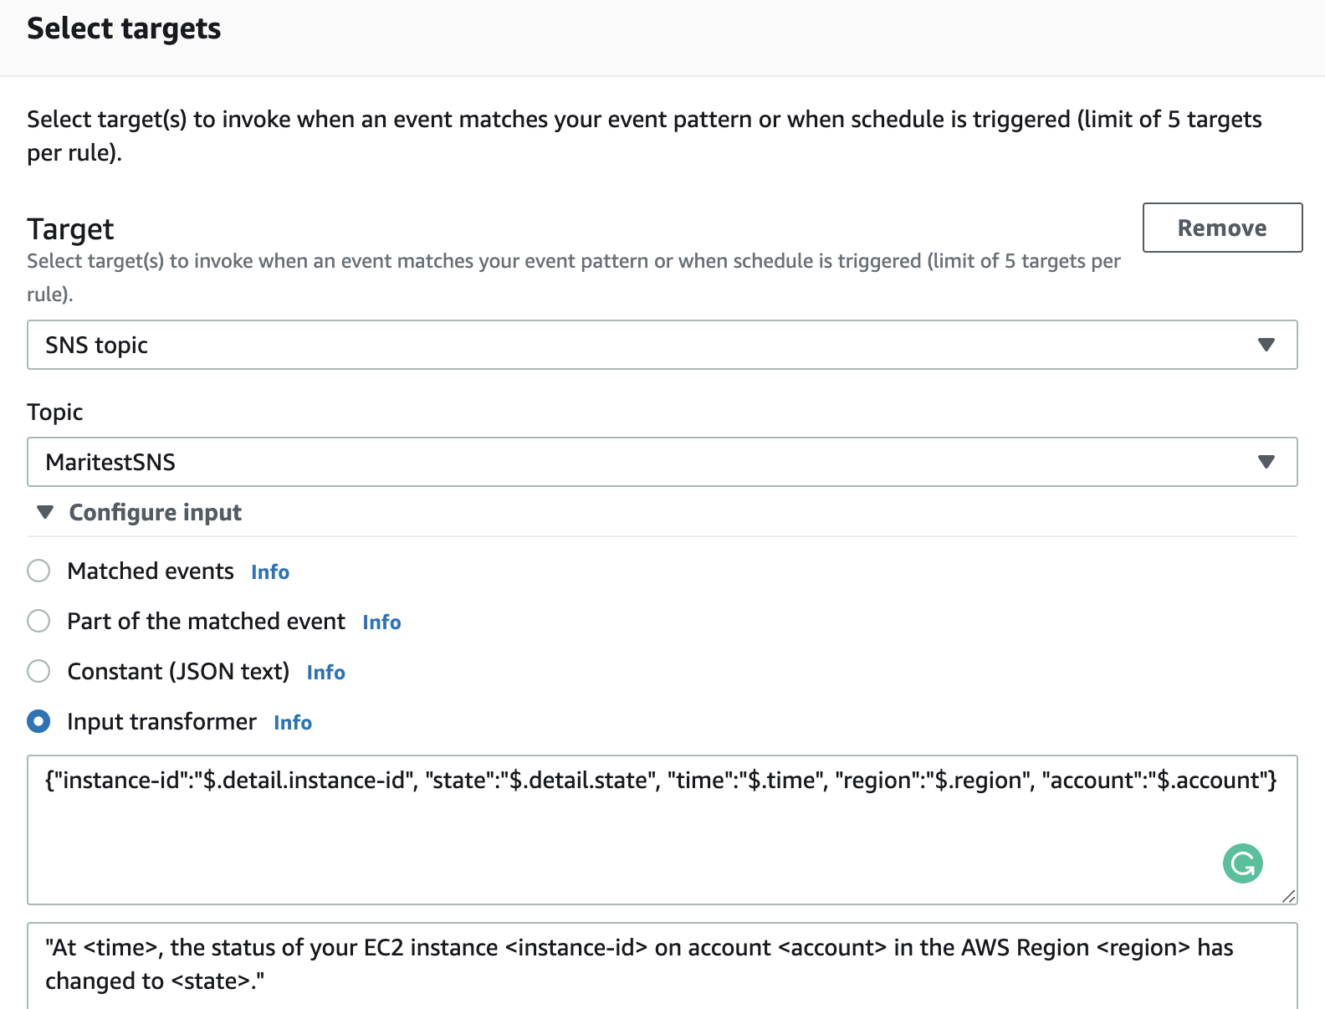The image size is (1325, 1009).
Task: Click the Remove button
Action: coord(1222,228)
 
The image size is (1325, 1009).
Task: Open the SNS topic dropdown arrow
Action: coord(1266,345)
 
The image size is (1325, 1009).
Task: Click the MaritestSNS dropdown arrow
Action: coord(1266,462)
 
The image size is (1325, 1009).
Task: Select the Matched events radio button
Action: coord(38,571)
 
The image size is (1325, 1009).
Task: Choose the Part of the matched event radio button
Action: coord(38,621)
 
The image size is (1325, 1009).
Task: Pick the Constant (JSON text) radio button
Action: coord(38,671)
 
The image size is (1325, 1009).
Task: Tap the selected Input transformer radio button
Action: coord(38,721)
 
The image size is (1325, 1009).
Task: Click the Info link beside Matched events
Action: coord(270,572)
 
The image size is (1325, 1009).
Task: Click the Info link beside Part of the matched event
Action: coord(381,622)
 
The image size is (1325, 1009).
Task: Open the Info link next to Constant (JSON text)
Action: coord(325,673)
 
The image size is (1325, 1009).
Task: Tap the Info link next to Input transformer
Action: coord(293,723)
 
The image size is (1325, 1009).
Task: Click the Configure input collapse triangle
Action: coord(45,512)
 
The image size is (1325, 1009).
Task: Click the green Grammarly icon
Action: coord(1243,863)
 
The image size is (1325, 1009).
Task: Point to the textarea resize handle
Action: coord(1289,896)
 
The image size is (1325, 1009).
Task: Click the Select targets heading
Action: coord(124,28)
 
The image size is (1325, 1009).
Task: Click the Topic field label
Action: coord(55,412)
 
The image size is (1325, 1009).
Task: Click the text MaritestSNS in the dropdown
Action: coord(110,462)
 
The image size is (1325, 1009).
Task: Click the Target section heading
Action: coord(70,228)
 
